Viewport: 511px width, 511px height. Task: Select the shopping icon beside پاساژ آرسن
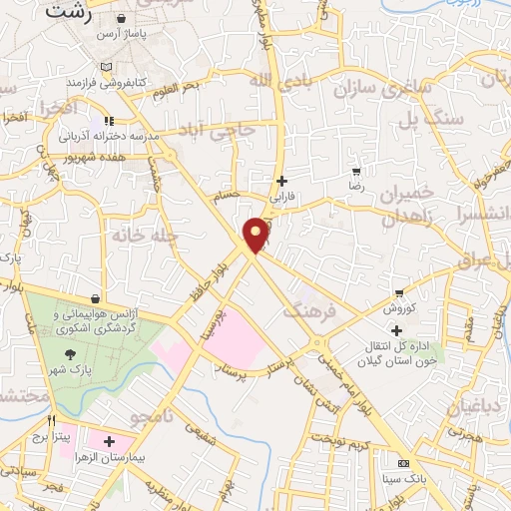(121, 19)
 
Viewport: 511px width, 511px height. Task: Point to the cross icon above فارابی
(282, 181)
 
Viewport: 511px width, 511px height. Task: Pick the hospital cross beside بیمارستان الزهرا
(109, 440)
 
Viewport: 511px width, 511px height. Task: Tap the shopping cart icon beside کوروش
(399, 293)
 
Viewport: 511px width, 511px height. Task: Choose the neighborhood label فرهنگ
(311, 311)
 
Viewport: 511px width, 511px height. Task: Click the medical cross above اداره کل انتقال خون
(397, 330)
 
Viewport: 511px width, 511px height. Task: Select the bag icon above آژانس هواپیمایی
(95, 298)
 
